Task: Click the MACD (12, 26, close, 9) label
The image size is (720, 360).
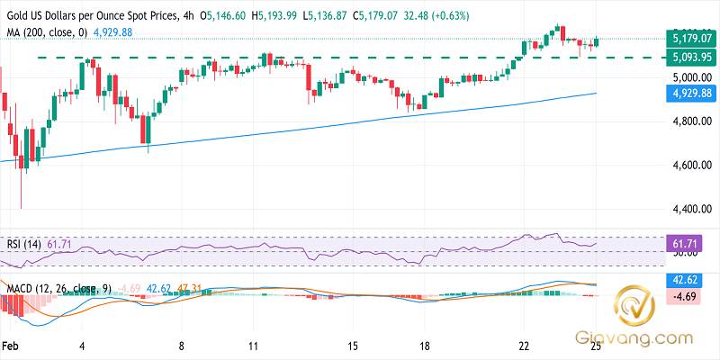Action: coord(56,289)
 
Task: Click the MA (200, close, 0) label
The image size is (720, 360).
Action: coord(46,31)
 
